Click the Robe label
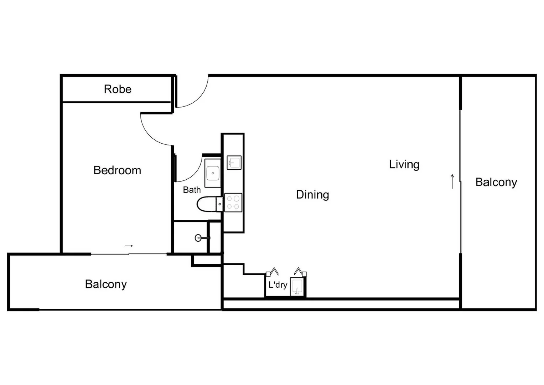[x=118, y=89]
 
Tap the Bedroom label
[x=117, y=170]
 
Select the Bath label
[x=192, y=190]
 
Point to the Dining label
[x=312, y=195]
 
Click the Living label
[x=404, y=164]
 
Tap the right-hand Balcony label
[x=496, y=182]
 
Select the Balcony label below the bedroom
[x=106, y=284]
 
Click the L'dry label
[x=278, y=285]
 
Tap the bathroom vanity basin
[x=213, y=173]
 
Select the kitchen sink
[x=234, y=163]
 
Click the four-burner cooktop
[x=233, y=202]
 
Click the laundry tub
[x=297, y=287]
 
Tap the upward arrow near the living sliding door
[x=452, y=181]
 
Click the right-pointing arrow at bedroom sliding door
[x=129, y=246]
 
